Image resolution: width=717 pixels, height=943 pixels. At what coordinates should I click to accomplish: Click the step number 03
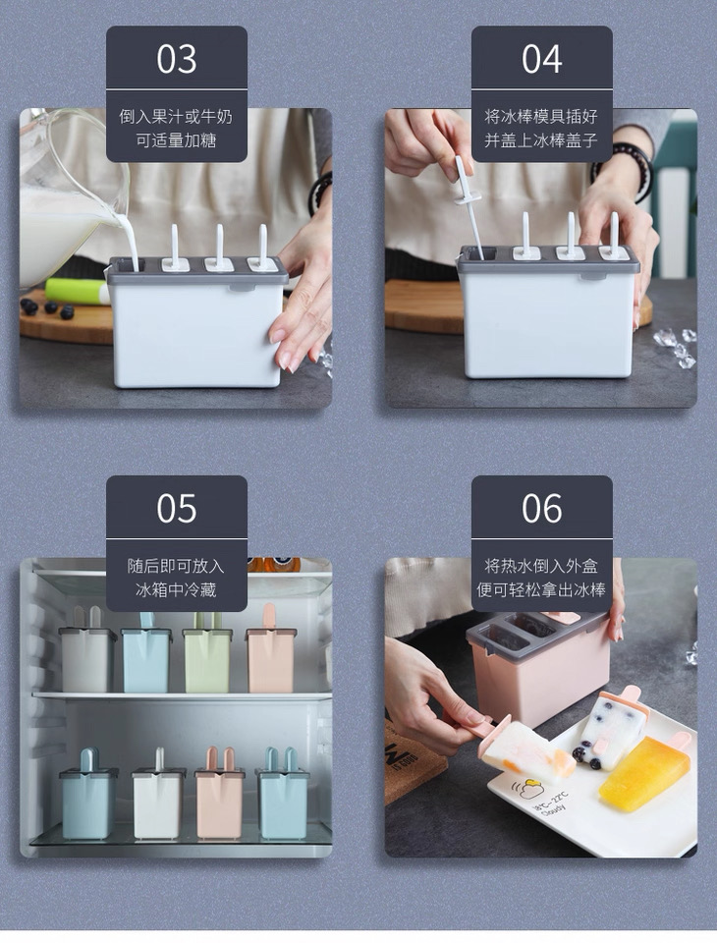pyautogui.click(x=176, y=59)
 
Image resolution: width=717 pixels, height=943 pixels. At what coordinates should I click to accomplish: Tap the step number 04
pyautogui.click(x=541, y=59)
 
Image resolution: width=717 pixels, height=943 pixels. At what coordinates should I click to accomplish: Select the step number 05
pyautogui.click(x=176, y=509)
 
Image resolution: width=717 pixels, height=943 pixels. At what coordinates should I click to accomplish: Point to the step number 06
pyautogui.click(x=541, y=509)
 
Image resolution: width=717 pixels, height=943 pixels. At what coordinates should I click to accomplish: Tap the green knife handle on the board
pyautogui.click(x=77, y=291)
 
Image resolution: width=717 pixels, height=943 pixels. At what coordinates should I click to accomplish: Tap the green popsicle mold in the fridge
pyautogui.click(x=206, y=654)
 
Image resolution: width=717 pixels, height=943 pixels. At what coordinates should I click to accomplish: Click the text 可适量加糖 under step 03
pyautogui.click(x=176, y=140)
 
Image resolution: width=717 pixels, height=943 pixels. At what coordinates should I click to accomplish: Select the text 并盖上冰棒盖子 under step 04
pyautogui.click(x=541, y=140)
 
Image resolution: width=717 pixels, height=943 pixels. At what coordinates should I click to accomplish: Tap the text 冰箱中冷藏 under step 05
pyautogui.click(x=176, y=590)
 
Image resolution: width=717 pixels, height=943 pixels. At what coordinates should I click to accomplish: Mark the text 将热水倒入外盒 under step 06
pyautogui.click(x=541, y=566)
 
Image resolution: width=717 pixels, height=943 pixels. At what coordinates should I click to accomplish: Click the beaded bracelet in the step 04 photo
pyautogui.click(x=634, y=170)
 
